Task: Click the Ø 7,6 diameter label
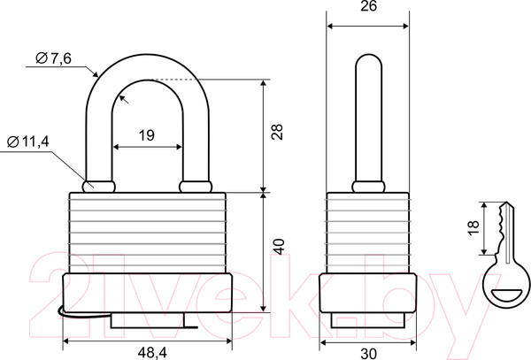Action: pos(53,58)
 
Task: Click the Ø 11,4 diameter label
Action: pos(28,142)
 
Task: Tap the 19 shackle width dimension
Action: pos(147,135)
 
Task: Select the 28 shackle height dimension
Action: pos(277,132)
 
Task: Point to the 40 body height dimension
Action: pos(280,246)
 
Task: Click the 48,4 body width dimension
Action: pos(152,353)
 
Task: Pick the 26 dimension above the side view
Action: pos(368,6)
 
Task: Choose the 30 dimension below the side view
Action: pos(368,354)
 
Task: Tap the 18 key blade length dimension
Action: pos(473,227)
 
